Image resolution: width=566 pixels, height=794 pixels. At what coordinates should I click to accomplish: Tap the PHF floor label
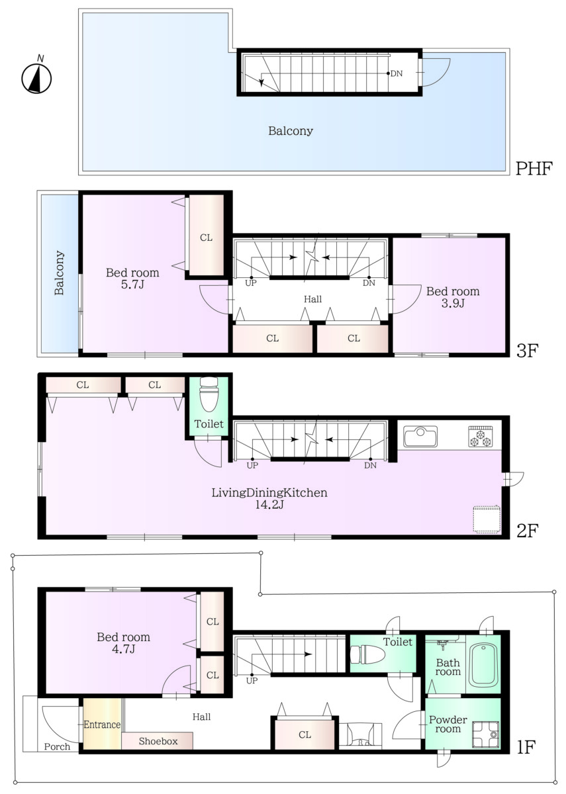[534, 168]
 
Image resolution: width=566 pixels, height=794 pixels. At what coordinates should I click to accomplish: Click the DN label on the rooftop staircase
[397, 73]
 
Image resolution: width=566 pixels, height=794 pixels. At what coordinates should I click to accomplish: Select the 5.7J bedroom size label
[132, 285]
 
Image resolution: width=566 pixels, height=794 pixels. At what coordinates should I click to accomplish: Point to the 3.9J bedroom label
[453, 304]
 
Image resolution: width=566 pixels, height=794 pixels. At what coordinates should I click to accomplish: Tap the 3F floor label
[528, 351]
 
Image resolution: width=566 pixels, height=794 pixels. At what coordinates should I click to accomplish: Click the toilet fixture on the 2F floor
[210, 394]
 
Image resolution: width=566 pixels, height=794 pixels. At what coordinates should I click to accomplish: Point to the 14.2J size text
[269, 504]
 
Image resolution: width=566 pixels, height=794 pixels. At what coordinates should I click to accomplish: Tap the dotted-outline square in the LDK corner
[487, 519]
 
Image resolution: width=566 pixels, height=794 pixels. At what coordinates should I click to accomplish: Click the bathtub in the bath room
[483, 666]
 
